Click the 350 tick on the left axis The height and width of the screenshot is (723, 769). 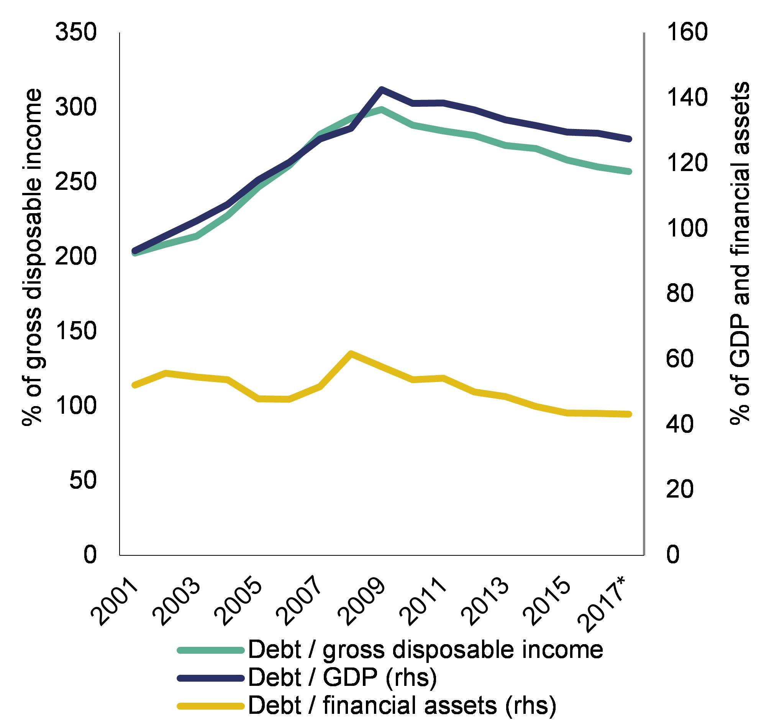(75, 33)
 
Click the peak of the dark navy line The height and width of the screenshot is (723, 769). (381, 90)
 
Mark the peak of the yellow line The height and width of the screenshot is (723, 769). (351, 353)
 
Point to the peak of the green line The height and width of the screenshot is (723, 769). (381, 109)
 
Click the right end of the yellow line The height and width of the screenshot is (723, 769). (629, 414)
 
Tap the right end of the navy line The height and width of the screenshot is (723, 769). (629, 139)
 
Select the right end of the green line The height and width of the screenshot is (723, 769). (629, 171)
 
